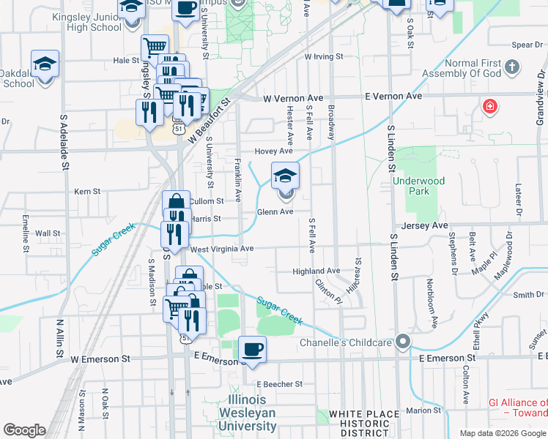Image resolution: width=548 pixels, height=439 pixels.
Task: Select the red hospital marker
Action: coord(489,108)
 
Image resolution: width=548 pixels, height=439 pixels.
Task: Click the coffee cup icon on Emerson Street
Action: coord(252,349)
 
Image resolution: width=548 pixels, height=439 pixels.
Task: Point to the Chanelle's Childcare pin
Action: coord(402,342)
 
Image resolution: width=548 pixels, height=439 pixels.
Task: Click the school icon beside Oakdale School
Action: coord(45,64)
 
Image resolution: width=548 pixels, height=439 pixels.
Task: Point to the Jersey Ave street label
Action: coord(423,226)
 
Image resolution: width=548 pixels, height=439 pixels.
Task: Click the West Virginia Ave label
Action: coord(221,249)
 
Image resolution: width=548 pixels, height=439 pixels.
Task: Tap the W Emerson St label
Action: coord(100,359)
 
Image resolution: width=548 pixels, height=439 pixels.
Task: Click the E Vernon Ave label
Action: coord(395,97)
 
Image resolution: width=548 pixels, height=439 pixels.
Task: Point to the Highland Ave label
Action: coord(316,271)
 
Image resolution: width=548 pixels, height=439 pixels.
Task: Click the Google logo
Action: coord(24,430)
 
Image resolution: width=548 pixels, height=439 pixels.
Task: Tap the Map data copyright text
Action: coord(502,433)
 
